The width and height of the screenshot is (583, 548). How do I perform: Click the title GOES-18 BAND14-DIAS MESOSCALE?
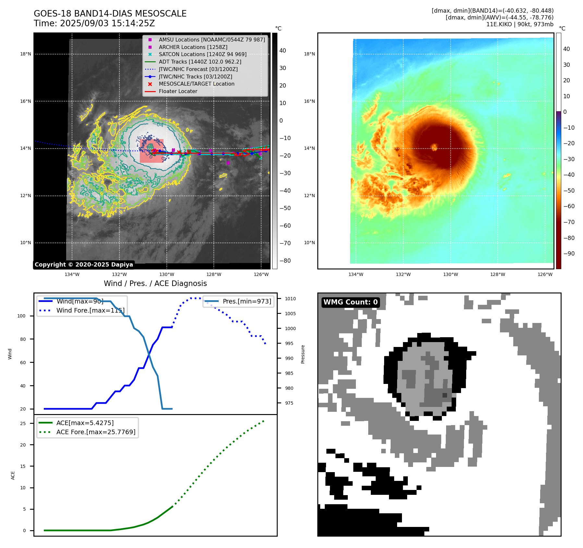tap(110, 14)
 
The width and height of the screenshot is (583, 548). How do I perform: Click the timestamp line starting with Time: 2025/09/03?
tap(94, 24)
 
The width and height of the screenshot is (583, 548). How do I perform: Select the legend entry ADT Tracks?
tap(200, 62)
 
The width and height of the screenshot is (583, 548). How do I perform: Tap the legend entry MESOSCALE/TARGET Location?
tap(196, 84)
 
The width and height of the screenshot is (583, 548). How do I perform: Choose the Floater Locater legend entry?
tap(178, 91)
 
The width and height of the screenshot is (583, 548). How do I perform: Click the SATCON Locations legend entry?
tap(202, 54)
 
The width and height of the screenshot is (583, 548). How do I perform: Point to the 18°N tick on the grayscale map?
tap(26, 54)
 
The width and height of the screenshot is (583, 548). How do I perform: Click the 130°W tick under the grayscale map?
tap(167, 274)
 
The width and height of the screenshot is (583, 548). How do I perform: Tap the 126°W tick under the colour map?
tap(545, 274)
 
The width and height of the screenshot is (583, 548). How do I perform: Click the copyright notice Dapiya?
tap(84, 265)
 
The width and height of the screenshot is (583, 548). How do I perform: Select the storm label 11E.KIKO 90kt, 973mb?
tap(519, 24)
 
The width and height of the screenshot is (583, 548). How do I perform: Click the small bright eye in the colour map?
tap(434, 148)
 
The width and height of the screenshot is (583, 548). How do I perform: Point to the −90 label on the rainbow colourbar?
tap(569, 254)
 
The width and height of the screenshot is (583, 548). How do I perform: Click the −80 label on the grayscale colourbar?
tap(285, 261)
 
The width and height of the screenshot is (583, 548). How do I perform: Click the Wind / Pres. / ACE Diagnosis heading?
tap(155, 283)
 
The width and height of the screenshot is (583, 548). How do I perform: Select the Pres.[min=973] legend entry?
tap(247, 301)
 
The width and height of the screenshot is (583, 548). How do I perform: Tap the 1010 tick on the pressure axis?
tap(290, 299)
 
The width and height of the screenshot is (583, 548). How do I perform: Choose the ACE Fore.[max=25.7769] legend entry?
tap(96, 432)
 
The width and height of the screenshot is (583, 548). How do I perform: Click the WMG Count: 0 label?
tap(350, 302)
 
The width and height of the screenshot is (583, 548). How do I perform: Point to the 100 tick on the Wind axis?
tap(21, 316)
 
